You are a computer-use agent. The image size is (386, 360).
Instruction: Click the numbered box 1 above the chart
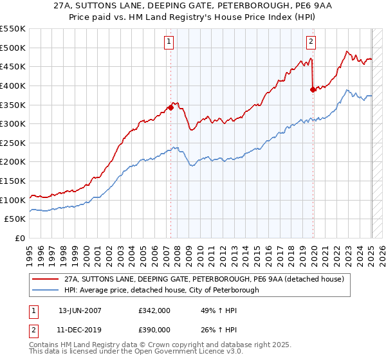coord(169,42)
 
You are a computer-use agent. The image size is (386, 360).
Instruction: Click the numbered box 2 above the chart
coord(311,42)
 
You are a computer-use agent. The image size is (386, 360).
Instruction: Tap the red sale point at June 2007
coord(170,107)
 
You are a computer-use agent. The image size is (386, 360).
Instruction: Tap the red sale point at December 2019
coord(313,89)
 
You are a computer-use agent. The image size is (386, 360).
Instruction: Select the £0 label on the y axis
coord(19,238)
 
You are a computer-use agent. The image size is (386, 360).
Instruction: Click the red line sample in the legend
coord(45,279)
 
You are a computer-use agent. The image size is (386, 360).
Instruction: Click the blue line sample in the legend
coord(45,290)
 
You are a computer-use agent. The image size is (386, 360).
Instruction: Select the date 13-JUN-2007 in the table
coord(80,310)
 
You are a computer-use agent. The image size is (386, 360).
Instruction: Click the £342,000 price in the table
coord(154,310)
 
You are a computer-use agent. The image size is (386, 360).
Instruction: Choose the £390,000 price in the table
coord(154,329)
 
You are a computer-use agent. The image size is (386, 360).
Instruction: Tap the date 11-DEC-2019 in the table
coord(80,329)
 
